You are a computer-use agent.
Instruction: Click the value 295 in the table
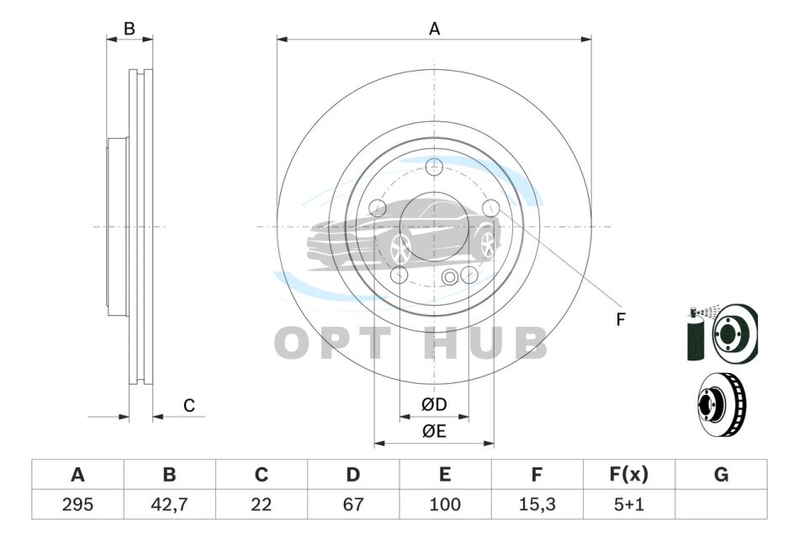[77, 504]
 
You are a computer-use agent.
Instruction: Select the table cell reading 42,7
[169, 504]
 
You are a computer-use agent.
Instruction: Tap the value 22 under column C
[261, 504]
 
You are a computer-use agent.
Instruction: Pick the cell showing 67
[352, 504]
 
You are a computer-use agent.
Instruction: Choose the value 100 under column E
[445, 504]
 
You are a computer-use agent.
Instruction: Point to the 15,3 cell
[537, 504]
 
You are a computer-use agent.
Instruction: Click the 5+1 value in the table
[629, 504]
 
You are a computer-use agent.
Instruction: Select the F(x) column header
[629, 475]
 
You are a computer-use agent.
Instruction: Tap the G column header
[721, 475]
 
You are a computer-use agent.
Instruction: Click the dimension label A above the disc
[434, 29]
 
